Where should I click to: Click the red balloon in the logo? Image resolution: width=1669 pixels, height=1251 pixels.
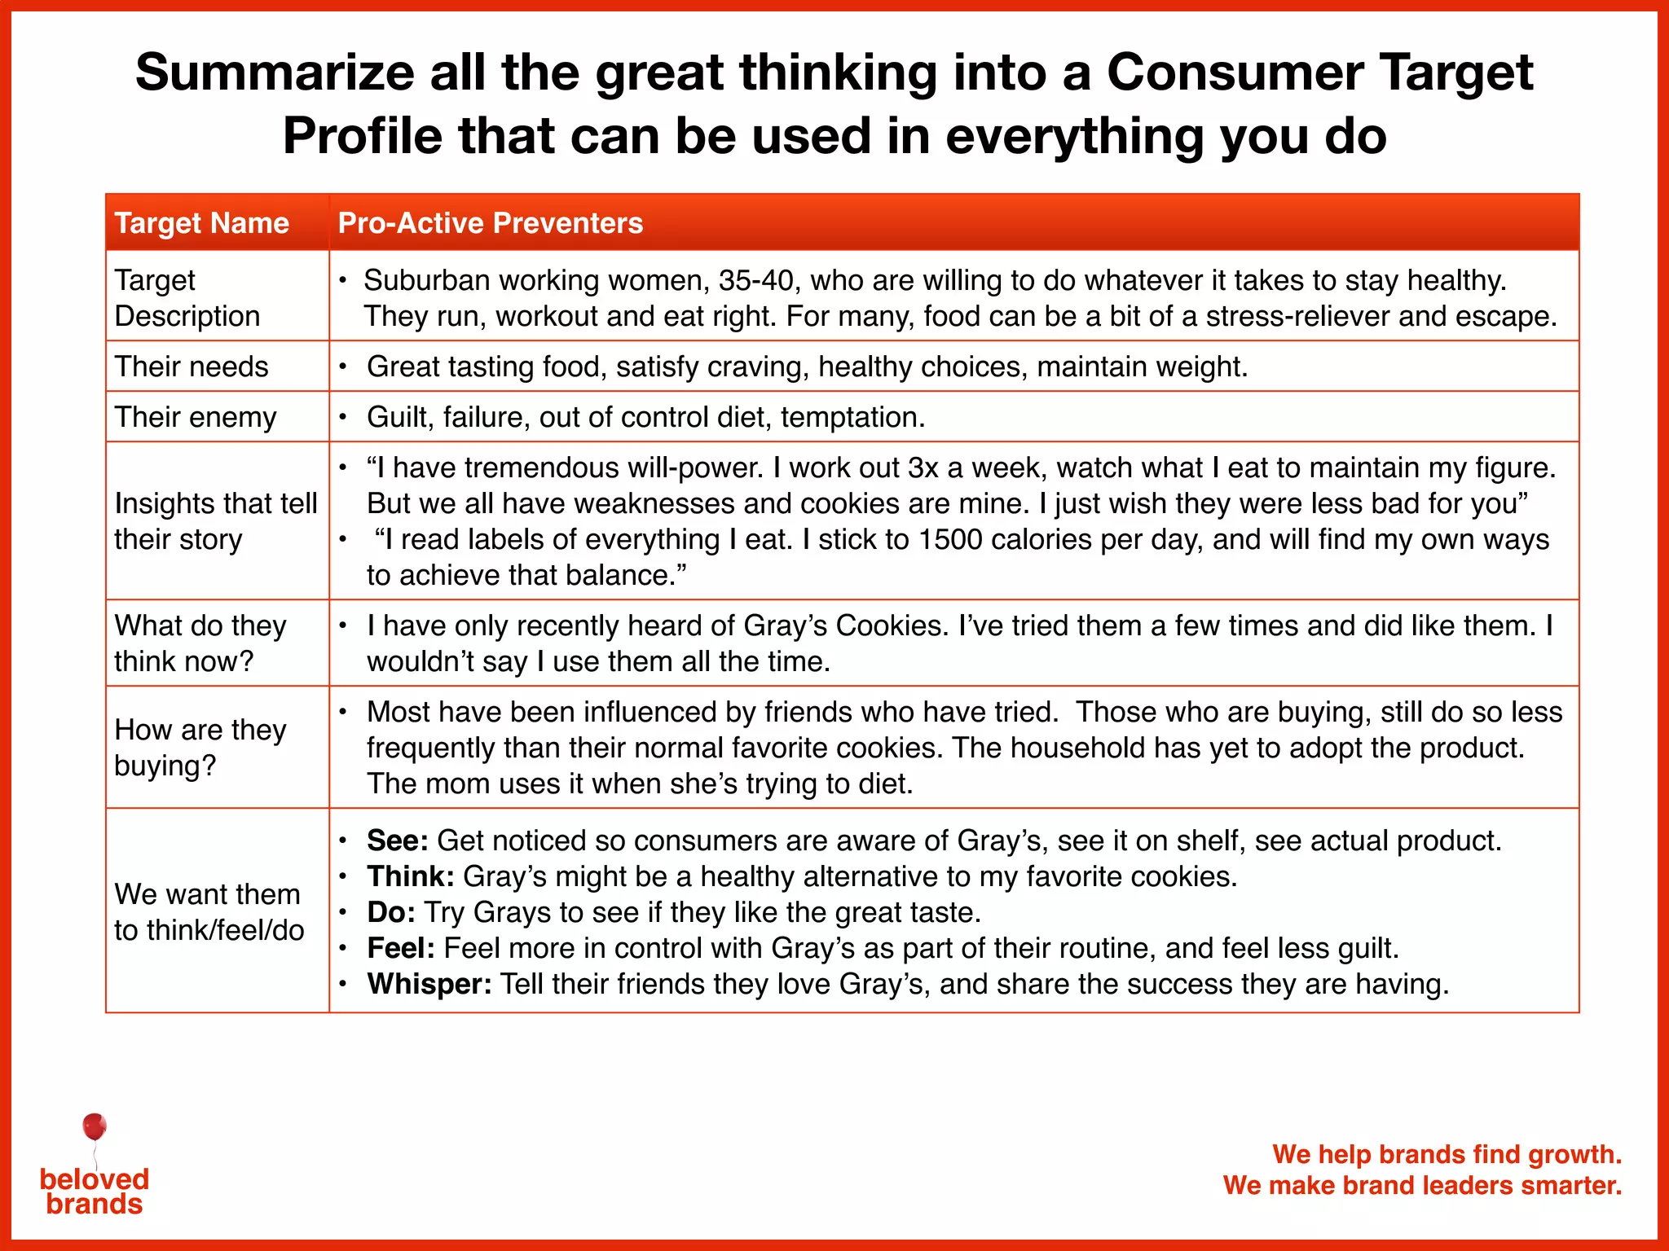[95, 1127]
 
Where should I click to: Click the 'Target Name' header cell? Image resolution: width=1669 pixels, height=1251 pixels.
[201, 223]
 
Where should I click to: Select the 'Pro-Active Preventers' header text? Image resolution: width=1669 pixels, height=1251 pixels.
[490, 223]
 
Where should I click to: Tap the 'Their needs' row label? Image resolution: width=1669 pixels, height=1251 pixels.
[192, 367]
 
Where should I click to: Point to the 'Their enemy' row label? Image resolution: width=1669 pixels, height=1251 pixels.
[196, 417]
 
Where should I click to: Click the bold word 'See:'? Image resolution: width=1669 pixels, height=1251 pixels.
[398, 841]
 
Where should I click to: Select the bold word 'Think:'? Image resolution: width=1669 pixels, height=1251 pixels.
[411, 876]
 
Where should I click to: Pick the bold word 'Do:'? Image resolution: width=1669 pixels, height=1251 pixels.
[391, 912]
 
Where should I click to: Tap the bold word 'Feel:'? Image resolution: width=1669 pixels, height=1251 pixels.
[401, 948]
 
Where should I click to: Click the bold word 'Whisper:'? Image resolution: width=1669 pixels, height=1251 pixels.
[429, 984]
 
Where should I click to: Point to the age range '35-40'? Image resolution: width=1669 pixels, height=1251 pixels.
[755, 280]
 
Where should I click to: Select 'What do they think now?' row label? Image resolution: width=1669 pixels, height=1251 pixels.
[200, 643]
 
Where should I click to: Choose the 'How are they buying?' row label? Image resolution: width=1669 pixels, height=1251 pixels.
[200, 748]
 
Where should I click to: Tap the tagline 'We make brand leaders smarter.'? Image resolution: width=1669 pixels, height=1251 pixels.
[1422, 1185]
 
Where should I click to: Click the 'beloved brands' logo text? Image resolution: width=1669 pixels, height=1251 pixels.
[95, 1192]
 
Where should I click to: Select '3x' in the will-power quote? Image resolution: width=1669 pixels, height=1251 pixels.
[923, 467]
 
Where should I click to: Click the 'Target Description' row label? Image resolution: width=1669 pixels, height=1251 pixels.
[187, 298]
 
